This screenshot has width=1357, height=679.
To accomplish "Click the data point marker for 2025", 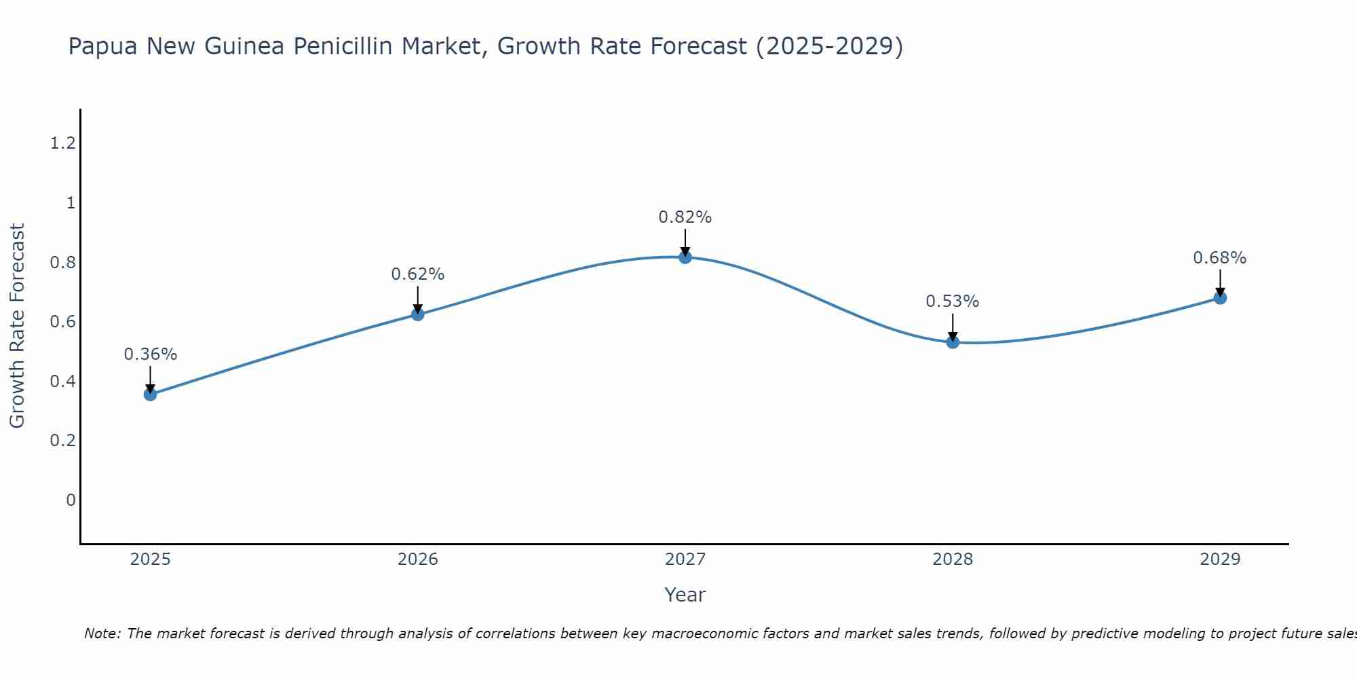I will click(x=151, y=394).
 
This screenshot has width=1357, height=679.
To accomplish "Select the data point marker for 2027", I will click(x=685, y=257).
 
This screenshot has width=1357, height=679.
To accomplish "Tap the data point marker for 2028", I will click(x=953, y=342).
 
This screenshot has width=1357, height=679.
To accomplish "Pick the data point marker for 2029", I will click(x=1220, y=298).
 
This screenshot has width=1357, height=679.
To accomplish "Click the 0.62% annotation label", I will click(x=418, y=274).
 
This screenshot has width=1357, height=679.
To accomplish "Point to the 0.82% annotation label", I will click(x=685, y=217).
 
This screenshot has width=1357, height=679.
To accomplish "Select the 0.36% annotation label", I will click(x=151, y=354).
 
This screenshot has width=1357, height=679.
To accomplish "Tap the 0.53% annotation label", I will click(x=953, y=301).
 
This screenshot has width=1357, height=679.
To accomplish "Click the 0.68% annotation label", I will click(x=1220, y=258).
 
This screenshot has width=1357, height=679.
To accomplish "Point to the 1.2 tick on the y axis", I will click(x=63, y=143).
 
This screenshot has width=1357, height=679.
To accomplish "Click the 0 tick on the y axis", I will click(x=71, y=500).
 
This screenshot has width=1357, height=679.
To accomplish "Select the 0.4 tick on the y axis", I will click(x=63, y=382).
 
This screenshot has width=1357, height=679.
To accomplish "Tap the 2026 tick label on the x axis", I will click(x=418, y=559).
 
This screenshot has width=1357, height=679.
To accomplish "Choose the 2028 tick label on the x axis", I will click(x=953, y=559).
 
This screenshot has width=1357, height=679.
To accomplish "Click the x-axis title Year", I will click(x=685, y=595).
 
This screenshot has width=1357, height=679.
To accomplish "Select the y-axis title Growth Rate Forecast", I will click(x=18, y=326).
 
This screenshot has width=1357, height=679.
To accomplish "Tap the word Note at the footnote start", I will click(x=102, y=634).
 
